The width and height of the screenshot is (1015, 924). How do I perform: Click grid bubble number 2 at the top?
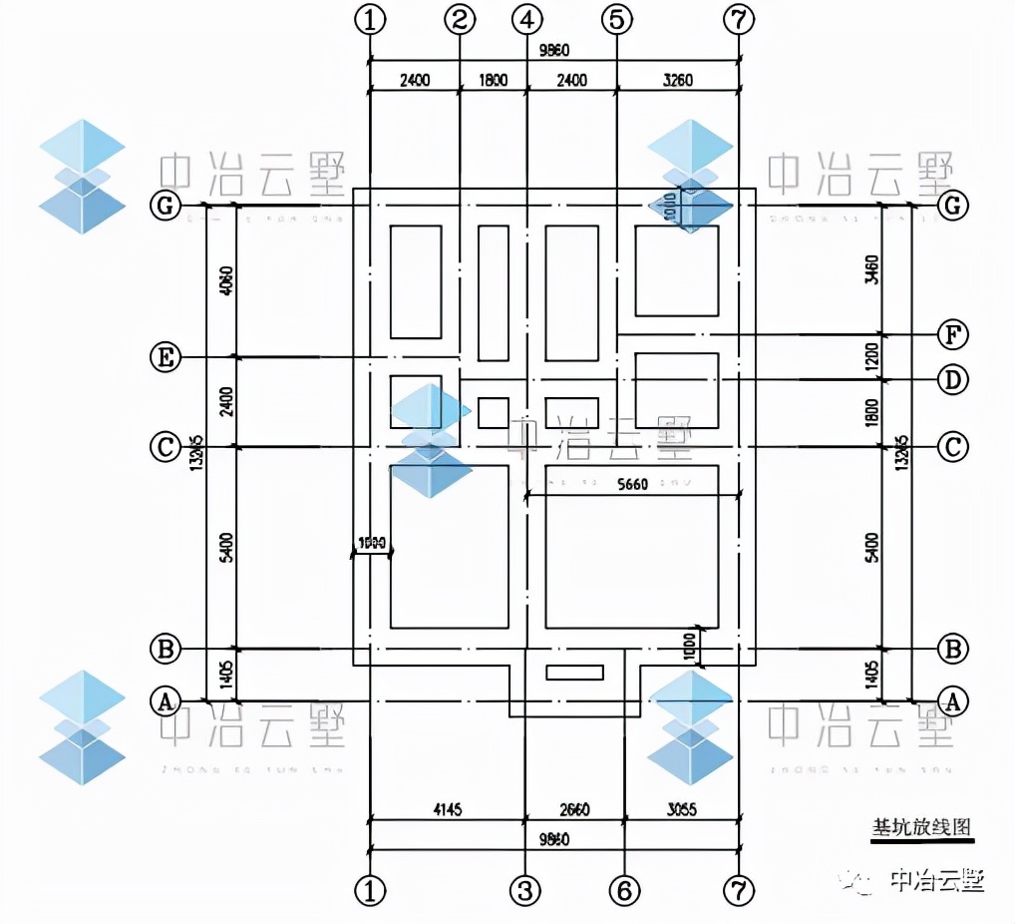point(460,19)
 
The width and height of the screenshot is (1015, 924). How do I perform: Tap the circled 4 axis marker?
point(526,19)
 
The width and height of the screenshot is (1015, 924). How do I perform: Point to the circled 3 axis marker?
point(526,889)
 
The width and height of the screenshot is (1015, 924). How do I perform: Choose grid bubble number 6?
point(624,889)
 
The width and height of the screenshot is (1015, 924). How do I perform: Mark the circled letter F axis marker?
point(953,334)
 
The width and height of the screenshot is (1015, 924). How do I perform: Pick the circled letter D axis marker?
point(953,380)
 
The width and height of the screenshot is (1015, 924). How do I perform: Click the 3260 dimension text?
point(677,80)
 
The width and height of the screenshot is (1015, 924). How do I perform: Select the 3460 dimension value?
point(871,270)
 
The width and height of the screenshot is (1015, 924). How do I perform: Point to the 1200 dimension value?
point(871,356)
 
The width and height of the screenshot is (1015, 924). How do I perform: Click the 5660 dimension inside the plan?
point(632,485)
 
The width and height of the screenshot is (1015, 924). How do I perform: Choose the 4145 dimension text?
point(447,809)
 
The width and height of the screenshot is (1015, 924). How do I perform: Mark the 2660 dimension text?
point(575,809)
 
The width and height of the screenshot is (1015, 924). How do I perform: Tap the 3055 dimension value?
point(681,809)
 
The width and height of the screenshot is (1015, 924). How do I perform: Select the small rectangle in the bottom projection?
point(574,673)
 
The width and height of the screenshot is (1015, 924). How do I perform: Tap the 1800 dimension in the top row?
point(493,80)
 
